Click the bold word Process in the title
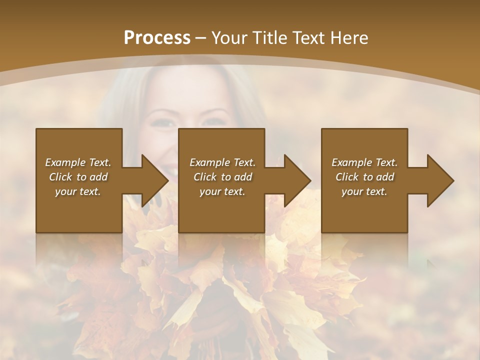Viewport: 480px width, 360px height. tap(157, 38)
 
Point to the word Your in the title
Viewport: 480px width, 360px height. tap(228, 38)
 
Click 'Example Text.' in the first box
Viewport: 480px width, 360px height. tap(78, 162)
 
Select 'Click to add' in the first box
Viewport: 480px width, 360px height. tap(78, 177)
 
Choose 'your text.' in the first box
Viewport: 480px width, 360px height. tap(78, 191)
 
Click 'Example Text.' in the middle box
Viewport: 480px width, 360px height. tap(222, 162)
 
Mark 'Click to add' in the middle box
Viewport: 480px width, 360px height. tap(222, 177)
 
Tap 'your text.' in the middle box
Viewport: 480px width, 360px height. tap(222, 191)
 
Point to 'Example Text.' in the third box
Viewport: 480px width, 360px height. tap(364, 162)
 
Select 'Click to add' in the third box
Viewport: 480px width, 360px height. tap(364, 177)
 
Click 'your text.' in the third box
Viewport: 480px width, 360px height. tap(364, 191)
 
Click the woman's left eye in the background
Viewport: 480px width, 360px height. tap(162, 122)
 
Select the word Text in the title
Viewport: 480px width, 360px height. tap(308, 38)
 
